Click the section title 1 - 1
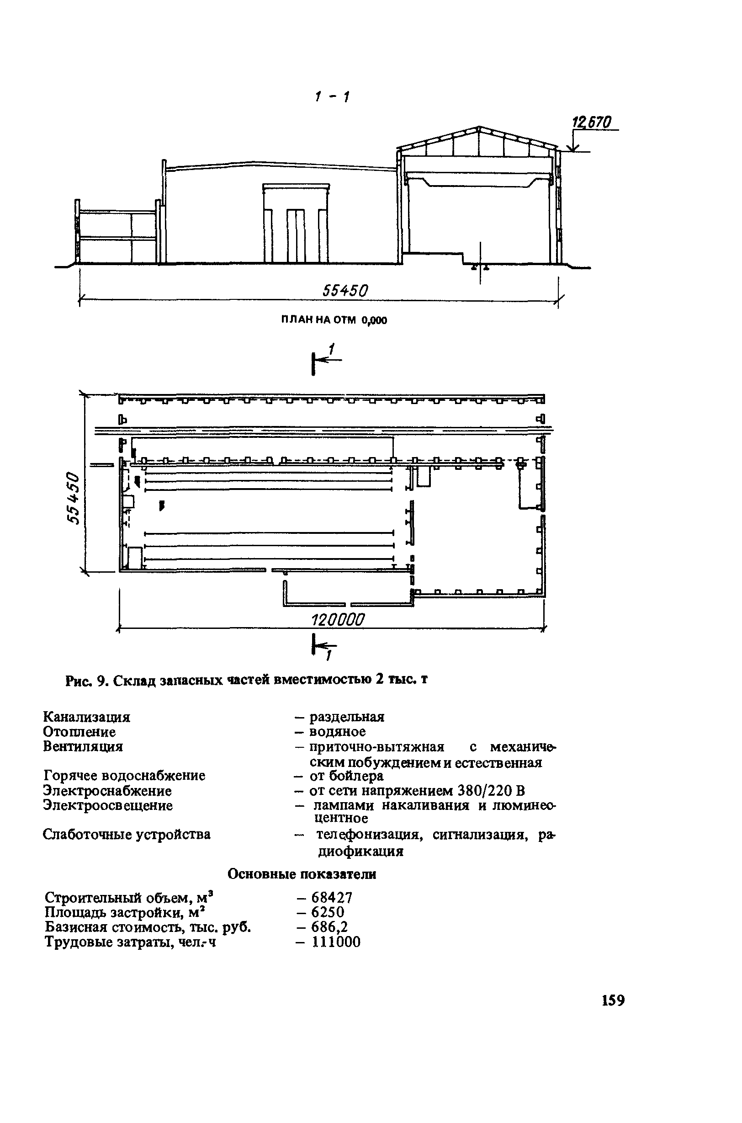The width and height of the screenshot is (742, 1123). [x=332, y=97]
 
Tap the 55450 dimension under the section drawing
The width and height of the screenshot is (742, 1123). [x=345, y=291]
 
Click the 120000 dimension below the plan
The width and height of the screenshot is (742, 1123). [x=338, y=619]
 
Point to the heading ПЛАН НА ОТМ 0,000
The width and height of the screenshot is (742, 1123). [x=334, y=320]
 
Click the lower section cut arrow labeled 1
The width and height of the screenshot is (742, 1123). [x=323, y=648]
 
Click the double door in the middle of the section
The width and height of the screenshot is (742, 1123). [x=296, y=235]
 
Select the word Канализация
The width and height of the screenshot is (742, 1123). [x=87, y=717]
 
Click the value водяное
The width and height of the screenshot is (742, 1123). [x=337, y=732]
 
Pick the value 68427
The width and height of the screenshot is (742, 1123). [x=332, y=897]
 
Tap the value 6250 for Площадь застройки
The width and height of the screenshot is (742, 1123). [x=328, y=912]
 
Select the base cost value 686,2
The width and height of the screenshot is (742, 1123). [x=329, y=926]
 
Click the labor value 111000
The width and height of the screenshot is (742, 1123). [x=336, y=942]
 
